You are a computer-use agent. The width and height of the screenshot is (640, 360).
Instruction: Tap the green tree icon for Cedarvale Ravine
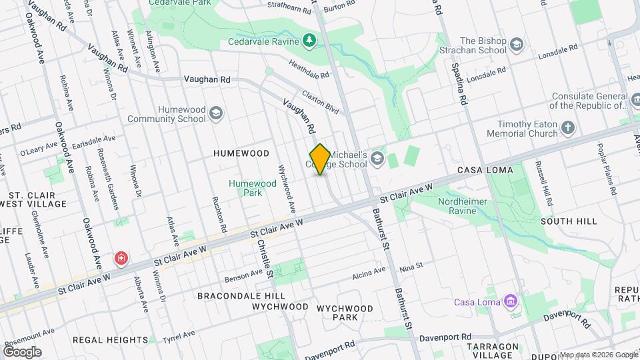[x=309, y=41]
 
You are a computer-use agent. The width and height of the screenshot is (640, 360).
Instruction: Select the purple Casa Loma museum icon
[x=511, y=302]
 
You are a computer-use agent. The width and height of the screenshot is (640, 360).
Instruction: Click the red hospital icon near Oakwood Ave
[x=121, y=257]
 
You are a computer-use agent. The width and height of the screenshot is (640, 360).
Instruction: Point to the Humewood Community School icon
[x=215, y=113]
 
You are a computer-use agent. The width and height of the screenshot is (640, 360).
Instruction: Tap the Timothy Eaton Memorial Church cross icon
[x=567, y=127]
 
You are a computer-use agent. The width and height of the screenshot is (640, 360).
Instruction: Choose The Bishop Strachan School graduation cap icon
[x=517, y=45]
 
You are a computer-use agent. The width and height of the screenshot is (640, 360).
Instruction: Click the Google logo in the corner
[x=22, y=351]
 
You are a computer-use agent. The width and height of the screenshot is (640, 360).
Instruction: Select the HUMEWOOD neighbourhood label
[x=241, y=153]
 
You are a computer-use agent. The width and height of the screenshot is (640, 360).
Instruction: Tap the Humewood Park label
[x=252, y=188]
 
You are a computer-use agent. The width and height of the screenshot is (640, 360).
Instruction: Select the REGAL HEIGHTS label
[x=110, y=339]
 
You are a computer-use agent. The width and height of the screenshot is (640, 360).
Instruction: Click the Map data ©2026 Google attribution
[x=598, y=355]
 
